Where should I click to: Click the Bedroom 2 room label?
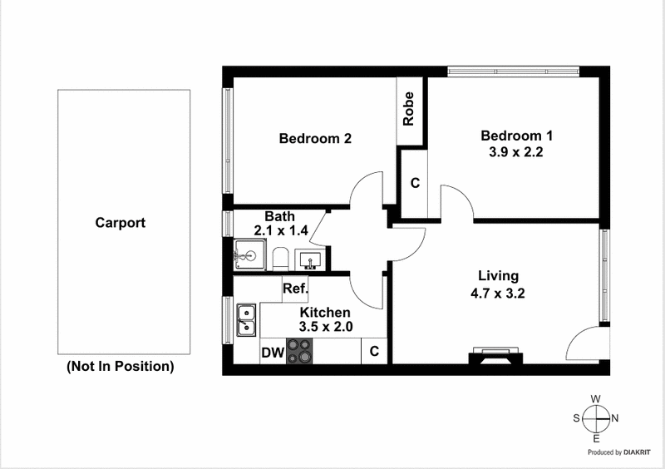(314, 139)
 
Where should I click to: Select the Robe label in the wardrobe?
(408, 108)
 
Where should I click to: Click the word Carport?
(121, 223)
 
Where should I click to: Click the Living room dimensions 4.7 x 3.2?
(498, 293)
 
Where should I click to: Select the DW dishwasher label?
(272, 353)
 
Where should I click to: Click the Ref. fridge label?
(296, 289)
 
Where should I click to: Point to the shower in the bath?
(248, 255)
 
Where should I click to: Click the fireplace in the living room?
(495, 355)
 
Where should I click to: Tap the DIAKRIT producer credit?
(629, 453)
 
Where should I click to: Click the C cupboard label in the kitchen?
(374, 352)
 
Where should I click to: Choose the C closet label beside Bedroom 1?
(414, 182)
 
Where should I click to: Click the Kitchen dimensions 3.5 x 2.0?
(326, 327)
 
